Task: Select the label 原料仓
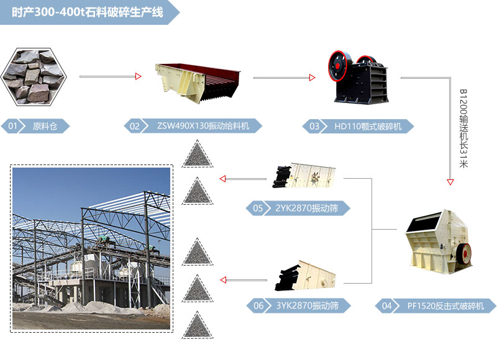click(45, 127)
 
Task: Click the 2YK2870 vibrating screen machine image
click(304, 175)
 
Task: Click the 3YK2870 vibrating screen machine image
click(306, 276)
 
